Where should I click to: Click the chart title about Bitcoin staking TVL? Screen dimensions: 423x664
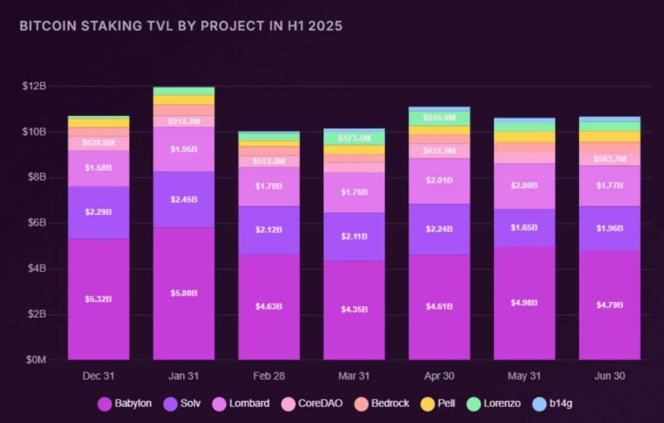point(181,27)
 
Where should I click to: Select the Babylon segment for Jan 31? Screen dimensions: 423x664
point(184,294)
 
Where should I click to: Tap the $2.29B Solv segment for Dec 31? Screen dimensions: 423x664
point(98,212)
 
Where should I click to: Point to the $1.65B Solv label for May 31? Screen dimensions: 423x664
point(524,228)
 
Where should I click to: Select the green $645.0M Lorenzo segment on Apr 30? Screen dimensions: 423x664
point(439,118)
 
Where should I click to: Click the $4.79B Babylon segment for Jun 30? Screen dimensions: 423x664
point(609,304)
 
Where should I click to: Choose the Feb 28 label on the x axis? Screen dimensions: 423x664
point(269,376)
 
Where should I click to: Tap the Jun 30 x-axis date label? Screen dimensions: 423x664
point(609,376)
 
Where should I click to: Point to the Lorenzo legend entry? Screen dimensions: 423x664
point(493,404)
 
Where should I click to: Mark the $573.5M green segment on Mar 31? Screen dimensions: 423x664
point(354,138)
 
